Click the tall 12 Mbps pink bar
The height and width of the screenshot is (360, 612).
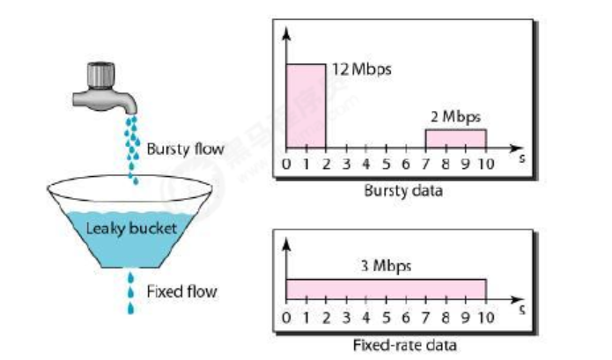pyautogui.click(x=306, y=106)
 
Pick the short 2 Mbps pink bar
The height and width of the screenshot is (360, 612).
pyautogui.click(x=455, y=138)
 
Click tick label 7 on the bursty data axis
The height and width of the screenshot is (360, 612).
pyautogui.click(x=426, y=164)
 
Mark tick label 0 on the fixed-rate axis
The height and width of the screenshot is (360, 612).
pyautogui.click(x=286, y=319)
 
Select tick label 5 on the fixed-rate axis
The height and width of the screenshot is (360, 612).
pyautogui.click(x=387, y=319)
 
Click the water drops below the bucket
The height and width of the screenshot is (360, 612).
pyautogui.click(x=132, y=294)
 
